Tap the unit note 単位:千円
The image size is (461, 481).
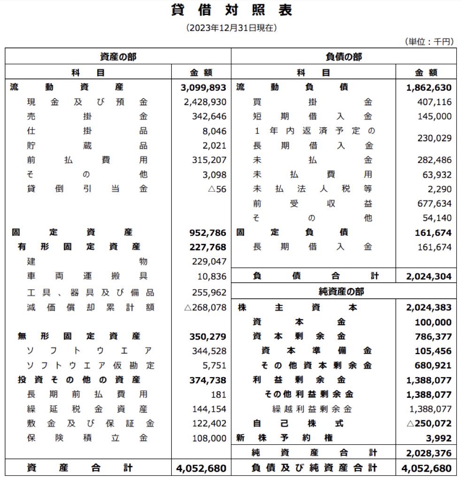tap(429, 42)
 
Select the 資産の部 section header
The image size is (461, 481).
tap(118, 57)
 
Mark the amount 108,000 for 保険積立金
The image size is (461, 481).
tap(209, 438)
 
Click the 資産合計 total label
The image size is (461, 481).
tap(80, 468)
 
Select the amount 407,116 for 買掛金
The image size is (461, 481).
tap(434, 102)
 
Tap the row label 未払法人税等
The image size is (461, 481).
tap(313, 189)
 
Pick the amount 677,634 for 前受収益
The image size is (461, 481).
tap(434, 203)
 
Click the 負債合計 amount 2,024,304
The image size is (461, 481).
tap(429, 277)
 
